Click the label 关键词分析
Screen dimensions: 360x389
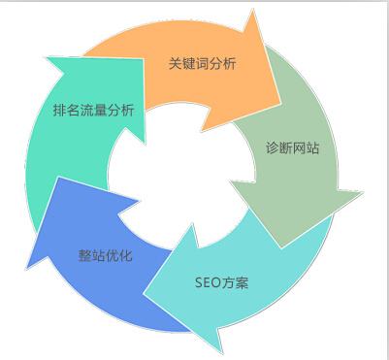point(203,63)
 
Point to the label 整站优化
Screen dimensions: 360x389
point(105,256)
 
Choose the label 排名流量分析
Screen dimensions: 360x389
point(93,110)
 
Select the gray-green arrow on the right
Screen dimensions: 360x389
point(291,184)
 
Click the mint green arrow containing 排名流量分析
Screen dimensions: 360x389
point(68,146)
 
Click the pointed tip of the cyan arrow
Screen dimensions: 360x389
point(220,349)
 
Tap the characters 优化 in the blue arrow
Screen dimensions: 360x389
point(118,256)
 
